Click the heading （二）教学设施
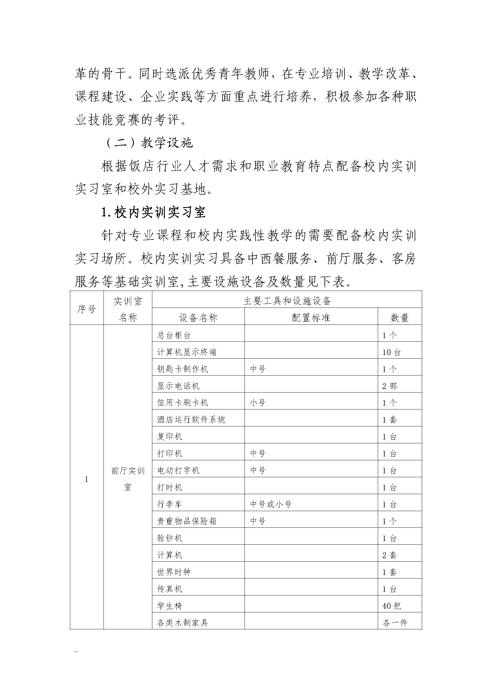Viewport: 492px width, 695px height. point(149,143)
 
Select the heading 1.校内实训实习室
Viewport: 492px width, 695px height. point(153,212)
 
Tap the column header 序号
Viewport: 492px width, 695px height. point(87,309)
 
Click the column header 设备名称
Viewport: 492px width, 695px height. point(198,318)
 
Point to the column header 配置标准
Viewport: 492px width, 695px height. point(311,318)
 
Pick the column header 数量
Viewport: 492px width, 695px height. point(399,318)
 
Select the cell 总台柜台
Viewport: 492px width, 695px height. point(174,335)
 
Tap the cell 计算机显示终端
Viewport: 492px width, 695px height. point(187,352)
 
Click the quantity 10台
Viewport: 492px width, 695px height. point(391,352)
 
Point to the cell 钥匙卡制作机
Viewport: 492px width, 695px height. point(182,369)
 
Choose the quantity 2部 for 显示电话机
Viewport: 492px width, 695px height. point(389,386)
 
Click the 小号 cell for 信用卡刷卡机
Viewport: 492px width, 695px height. point(258,403)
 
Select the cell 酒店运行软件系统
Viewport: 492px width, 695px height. point(191,420)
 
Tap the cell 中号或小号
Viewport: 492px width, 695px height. point(271,504)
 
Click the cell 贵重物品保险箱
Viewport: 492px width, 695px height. point(187,521)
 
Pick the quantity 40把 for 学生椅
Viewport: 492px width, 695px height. point(391,606)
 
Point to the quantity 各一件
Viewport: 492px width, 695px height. point(395,623)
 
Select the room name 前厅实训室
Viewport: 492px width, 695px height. point(128,479)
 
